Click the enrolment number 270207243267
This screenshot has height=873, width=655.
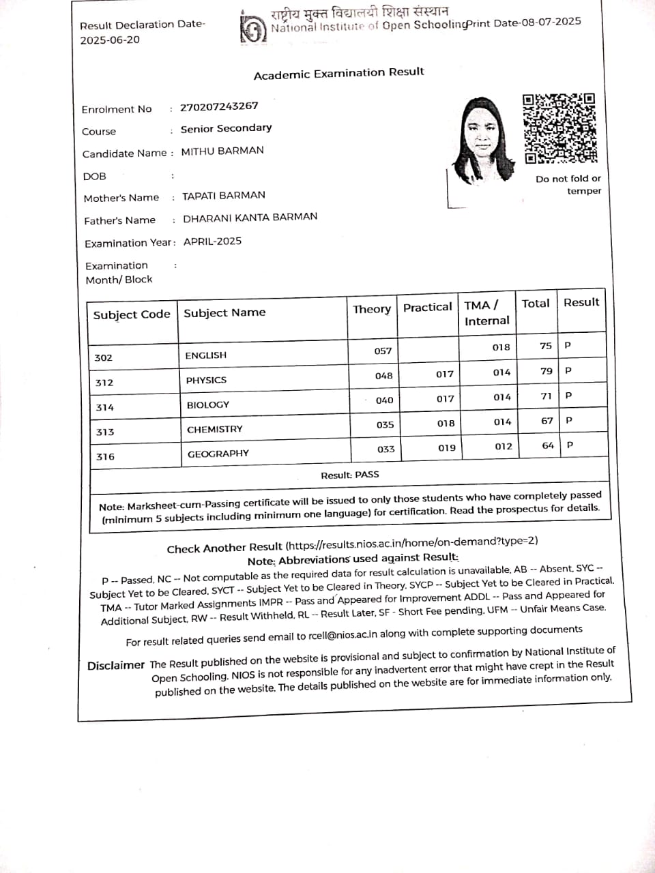(219, 106)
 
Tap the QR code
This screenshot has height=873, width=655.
(559, 128)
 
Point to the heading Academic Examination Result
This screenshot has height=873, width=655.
(338, 73)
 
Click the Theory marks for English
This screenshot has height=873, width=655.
(383, 351)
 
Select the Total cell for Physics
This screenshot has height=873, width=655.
(546, 371)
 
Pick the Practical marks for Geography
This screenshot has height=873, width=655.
(447, 448)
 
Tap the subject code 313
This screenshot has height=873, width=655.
(105, 432)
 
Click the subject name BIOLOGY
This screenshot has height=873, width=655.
(208, 404)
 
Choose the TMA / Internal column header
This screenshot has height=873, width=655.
(486, 312)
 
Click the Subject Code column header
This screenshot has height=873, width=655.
(132, 314)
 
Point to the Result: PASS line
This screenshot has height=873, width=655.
(350, 475)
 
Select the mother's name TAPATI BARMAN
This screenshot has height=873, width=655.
(224, 195)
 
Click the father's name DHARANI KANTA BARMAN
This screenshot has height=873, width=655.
(250, 217)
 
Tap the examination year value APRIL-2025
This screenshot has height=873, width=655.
(212, 241)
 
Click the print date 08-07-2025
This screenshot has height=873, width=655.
(551, 22)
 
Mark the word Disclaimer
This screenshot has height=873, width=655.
(116, 665)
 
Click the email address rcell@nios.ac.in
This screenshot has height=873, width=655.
(343, 635)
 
